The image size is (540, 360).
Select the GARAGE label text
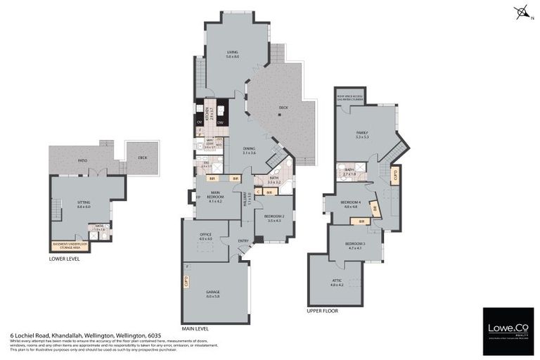[x=213, y=295]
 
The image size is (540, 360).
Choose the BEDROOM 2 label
[x=274, y=217]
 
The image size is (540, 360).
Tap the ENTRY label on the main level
[x=243, y=240]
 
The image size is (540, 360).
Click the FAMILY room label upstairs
[x=362, y=134]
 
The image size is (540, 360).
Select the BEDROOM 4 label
[x=351, y=205]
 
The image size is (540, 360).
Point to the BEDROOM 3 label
[x=354, y=245]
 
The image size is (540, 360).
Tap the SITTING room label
[x=84, y=204]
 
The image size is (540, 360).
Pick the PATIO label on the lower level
[x=82, y=161]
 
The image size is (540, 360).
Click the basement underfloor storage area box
[x=70, y=245]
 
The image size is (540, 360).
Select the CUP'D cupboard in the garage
[x=187, y=283]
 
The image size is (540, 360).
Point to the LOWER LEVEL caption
[x=65, y=258]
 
